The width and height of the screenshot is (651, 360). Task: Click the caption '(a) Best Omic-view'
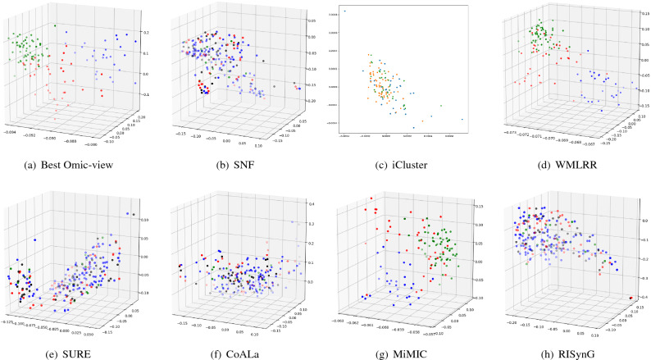[80, 166]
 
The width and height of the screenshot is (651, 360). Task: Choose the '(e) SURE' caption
[80, 349]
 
